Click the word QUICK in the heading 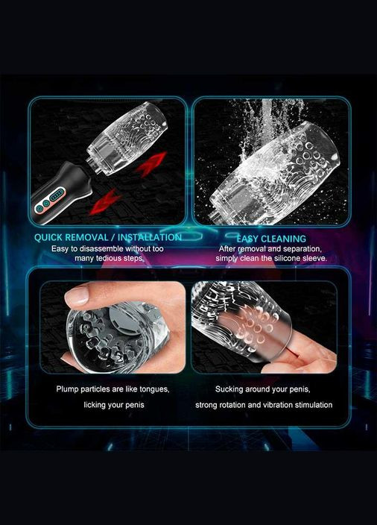pos(48,237)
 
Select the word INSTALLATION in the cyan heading pos(150,237)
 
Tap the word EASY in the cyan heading pos(247,239)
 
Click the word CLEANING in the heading pos(284,239)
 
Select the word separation pos(302,249)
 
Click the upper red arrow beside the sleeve pos(151,163)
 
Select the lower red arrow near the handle pos(104,201)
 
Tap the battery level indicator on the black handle pos(57,195)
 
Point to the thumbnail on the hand pos(77,296)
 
